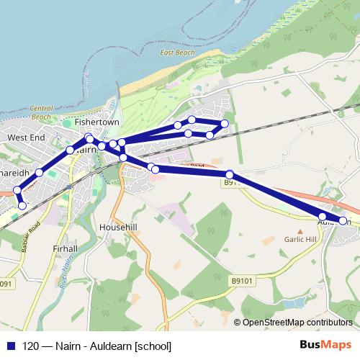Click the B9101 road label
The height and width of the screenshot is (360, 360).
point(244,281)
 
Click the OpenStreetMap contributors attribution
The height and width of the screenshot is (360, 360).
point(297,322)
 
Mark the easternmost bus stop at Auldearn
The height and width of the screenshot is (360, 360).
point(343,221)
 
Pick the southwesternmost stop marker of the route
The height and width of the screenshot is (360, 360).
point(22,206)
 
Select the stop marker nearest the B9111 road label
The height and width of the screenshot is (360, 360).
point(230,174)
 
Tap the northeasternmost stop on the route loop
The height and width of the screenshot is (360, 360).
point(225,124)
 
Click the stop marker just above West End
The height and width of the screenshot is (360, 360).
point(70,150)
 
